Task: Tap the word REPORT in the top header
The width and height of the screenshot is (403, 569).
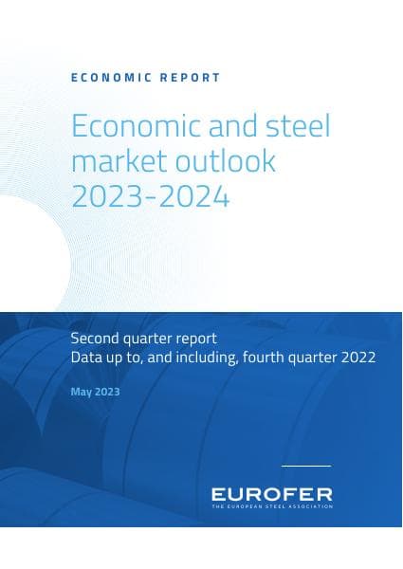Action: click(x=186, y=78)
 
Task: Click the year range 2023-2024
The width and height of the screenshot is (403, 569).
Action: click(x=150, y=196)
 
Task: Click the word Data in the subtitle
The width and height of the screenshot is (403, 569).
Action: click(x=86, y=358)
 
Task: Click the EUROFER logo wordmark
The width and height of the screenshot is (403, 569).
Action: click(x=271, y=494)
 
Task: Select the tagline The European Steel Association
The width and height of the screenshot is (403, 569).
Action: click(x=271, y=507)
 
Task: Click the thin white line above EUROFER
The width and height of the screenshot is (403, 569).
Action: click(x=306, y=466)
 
